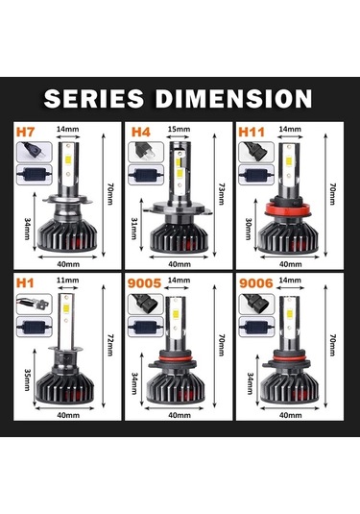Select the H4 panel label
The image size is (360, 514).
click(x=139, y=130)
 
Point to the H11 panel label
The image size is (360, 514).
click(x=252, y=130)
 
